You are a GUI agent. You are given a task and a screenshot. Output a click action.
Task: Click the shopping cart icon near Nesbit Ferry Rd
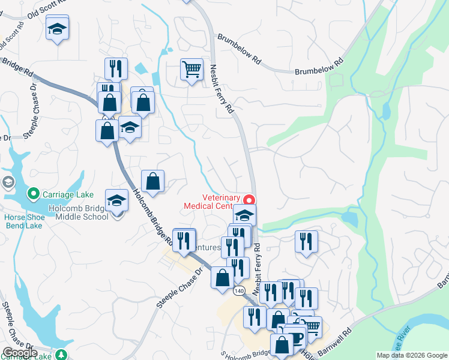point(191,69)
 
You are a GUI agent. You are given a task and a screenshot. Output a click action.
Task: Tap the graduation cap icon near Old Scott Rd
point(58,28)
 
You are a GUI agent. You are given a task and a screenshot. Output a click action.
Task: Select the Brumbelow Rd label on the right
point(318,67)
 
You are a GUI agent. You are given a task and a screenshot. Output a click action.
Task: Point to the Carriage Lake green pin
point(33,194)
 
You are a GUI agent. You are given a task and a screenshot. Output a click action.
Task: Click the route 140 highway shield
point(240,290)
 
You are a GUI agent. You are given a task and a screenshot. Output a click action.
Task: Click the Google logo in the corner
point(20,352)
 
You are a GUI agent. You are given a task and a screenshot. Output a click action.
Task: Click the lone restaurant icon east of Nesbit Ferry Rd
point(306,242)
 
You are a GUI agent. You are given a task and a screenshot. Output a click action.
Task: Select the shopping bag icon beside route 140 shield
point(223,278)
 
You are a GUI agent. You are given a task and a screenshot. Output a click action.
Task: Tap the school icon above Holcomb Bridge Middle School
point(116,200)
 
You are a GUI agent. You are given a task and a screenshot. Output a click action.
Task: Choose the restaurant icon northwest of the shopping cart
point(115,68)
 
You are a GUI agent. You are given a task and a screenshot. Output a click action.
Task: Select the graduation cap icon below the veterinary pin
point(244,215)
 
